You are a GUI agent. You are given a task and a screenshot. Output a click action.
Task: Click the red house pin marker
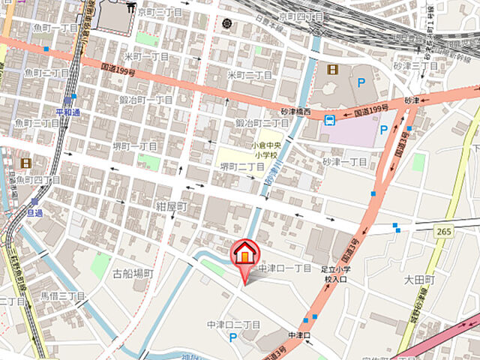244,254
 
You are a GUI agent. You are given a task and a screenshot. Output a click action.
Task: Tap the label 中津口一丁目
284,268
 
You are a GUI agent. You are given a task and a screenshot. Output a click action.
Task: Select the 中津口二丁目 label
233,325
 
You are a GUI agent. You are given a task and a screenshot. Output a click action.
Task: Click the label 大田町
420,280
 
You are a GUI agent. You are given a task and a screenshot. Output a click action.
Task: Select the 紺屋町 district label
172,205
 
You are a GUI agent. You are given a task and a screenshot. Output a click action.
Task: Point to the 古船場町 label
133,273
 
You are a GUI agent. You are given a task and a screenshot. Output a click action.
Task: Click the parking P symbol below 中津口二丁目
233,338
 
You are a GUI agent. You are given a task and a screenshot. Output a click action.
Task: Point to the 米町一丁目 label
146,57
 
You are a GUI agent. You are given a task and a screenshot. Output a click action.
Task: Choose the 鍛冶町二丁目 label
262,122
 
